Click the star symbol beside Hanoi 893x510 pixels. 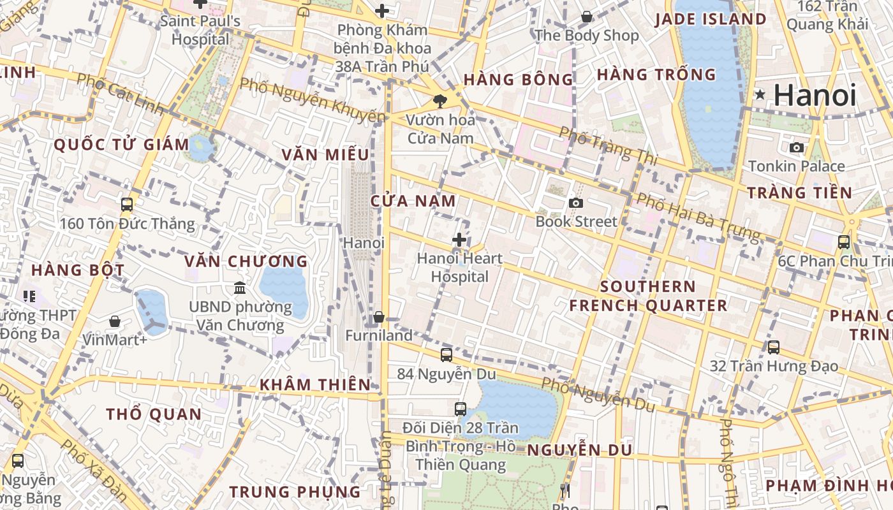click(x=760, y=95)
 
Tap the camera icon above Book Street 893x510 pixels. click(x=576, y=203)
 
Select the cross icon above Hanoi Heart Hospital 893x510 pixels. click(x=459, y=240)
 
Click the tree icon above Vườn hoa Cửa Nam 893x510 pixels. click(x=439, y=100)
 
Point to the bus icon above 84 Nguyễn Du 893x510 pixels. click(x=447, y=354)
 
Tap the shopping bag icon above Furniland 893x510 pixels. click(x=379, y=317)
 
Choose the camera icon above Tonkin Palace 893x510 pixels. click(x=796, y=148)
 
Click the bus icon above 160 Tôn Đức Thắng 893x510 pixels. click(x=127, y=205)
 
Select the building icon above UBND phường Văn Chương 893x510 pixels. click(x=240, y=288)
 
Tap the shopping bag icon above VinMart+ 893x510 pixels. click(x=115, y=321)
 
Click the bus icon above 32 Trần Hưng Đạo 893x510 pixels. click(x=774, y=347)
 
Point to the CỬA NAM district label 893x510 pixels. click(x=413, y=201)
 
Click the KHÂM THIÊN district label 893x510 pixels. click(x=315, y=384)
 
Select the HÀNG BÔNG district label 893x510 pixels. click(x=519, y=80)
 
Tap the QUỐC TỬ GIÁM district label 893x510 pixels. click(x=121, y=145)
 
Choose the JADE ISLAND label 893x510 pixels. click(x=711, y=19)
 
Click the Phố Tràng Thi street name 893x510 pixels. click(x=607, y=145)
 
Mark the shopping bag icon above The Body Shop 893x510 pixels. click(x=587, y=17)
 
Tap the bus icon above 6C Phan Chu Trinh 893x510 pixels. click(x=844, y=242)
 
